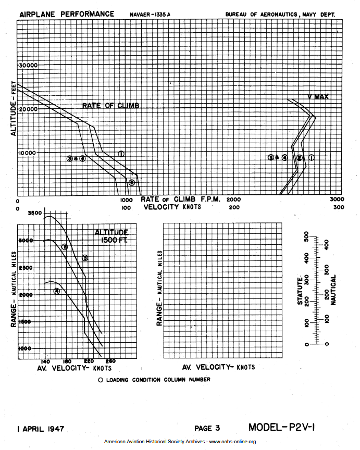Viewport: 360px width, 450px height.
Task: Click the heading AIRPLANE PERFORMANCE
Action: (67, 14)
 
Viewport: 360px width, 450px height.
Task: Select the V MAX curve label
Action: (318, 96)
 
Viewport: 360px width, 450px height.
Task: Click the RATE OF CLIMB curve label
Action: (111, 106)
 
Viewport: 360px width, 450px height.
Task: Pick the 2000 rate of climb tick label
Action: (234, 199)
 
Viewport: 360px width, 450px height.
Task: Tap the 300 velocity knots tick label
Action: (339, 207)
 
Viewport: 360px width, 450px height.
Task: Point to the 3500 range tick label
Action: (35, 213)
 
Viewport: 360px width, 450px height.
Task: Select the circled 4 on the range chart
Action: (57, 291)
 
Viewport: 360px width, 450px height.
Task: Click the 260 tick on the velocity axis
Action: (110, 361)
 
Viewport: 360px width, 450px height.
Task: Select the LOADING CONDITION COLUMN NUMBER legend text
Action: (158, 380)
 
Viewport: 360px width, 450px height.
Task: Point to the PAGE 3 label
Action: (207, 429)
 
